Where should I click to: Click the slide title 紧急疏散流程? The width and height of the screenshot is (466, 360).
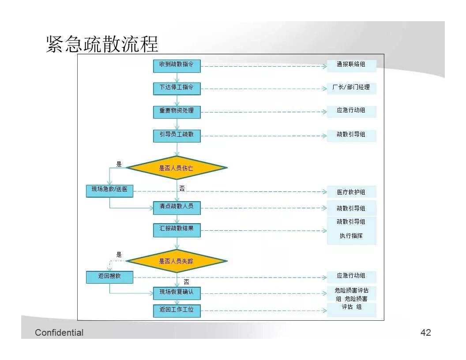(x=102, y=45)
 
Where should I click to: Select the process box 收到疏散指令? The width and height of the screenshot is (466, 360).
(x=177, y=66)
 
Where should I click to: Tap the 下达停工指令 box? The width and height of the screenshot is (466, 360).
(x=177, y=88)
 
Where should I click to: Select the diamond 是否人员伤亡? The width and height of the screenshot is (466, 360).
(x=177, y=168)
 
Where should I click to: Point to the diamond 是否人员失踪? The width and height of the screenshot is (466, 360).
(x=177, y=261)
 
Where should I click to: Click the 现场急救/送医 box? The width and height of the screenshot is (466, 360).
(x=109, y=190)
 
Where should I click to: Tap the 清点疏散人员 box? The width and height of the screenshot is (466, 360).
(x=177, y=207)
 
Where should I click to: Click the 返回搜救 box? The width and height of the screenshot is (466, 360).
(x=109, y=277)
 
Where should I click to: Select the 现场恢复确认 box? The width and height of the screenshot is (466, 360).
(x=177, y=292)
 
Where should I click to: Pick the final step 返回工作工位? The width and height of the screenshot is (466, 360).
(x=177, y=310)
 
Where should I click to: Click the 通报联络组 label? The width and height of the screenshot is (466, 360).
(x=351, y=65)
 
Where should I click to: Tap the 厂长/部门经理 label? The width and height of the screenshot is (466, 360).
(x=351, y=87)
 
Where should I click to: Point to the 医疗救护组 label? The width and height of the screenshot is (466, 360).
(x=351, y=192)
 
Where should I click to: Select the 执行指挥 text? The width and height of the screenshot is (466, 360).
(x=351, y=236)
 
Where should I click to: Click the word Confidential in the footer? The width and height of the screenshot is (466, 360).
(x=59, y=333)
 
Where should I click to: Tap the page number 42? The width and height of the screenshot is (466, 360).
(x=425, y=333)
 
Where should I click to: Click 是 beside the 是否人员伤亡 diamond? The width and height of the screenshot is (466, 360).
(x=119, y=164)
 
